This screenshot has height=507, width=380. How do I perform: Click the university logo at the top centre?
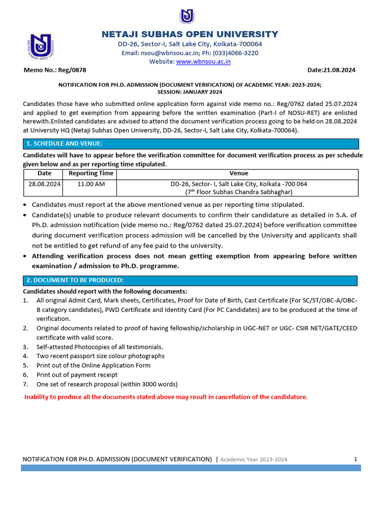tap(187, 16)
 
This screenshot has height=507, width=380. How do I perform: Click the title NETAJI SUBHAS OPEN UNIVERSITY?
tap(190, 34)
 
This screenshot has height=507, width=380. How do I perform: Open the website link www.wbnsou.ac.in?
tap(203, 62)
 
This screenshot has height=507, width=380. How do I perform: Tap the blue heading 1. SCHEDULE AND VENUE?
tap(64, 144)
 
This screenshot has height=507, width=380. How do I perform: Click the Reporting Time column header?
tap(91, 174)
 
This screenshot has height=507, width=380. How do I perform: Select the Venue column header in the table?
tap(238, 174)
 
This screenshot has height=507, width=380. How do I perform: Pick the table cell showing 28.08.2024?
tap(44, 184)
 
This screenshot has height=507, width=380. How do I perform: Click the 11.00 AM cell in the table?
tap(91, 184)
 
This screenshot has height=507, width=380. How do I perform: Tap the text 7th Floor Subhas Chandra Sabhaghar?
tap(239, 192)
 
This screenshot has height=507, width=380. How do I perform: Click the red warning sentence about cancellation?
tap(166, 397)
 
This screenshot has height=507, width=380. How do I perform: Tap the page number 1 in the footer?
tap(355, 459)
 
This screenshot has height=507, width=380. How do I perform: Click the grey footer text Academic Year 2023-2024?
tap(253, 459)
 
